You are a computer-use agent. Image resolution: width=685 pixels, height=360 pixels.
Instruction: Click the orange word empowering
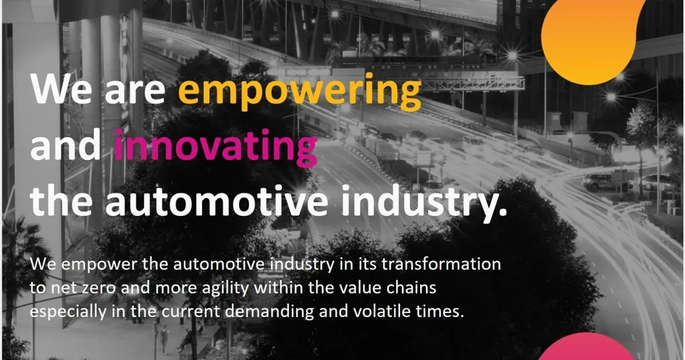click(x=300, y=91)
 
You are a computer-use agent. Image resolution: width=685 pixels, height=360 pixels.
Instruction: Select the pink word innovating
click(x=215, y=147)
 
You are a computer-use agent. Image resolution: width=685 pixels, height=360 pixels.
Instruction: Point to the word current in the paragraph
click(x=209, y=312)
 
